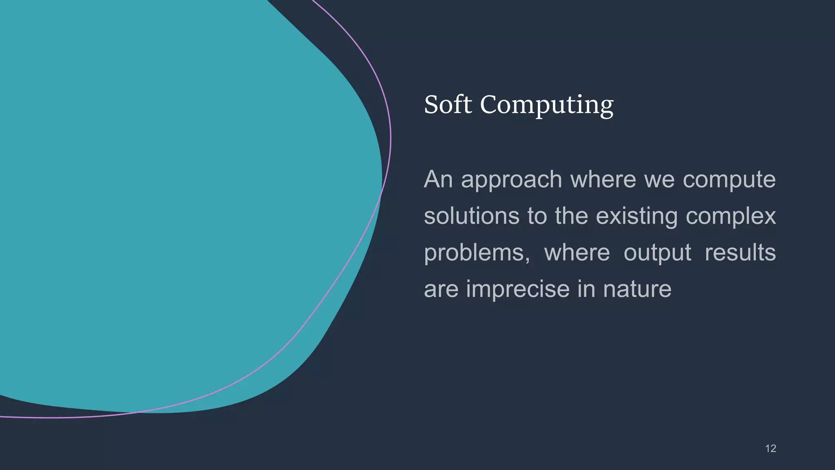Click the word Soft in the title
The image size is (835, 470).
448,104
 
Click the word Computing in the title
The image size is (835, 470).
547,105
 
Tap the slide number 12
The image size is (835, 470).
770,448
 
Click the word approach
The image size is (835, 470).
511,180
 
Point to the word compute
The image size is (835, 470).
729,180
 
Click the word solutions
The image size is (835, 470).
471,216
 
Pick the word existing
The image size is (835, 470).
636,217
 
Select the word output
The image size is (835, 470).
657,253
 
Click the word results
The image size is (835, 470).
740,252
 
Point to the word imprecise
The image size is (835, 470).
518,289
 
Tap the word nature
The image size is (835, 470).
637,289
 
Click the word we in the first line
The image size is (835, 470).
659,180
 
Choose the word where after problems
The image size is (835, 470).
577,252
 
